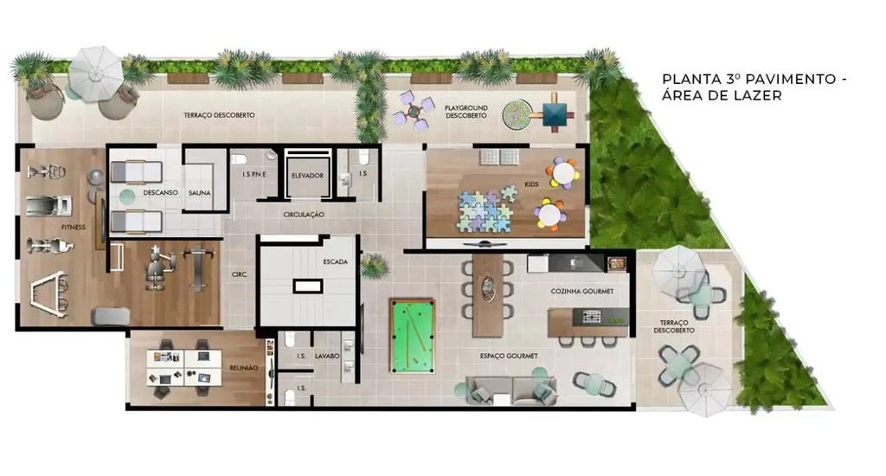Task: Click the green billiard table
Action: click(413, 336)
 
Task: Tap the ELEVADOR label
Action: click(307, 176)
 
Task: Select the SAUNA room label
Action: click(200, 193)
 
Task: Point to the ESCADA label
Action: click(336, 261)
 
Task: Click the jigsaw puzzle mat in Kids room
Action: click(485, 210)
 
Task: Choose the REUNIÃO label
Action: click(243, 368)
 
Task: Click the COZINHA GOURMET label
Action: click(582, 292)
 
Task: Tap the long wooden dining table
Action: click(488, 295)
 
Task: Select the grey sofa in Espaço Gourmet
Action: click(511, 391)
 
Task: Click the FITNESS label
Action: click(74, 228)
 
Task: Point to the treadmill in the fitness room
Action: click(49, 205)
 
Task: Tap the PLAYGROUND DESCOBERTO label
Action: click(465, 112)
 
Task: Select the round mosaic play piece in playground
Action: click(517, 115)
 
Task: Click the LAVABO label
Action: click(327, 357)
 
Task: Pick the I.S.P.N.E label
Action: click(254, 175)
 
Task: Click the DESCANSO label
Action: click(160, 193)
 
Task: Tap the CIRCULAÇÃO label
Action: click(304, 215)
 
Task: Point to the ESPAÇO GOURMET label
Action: click(509, 357)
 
